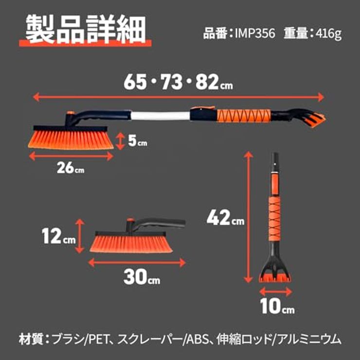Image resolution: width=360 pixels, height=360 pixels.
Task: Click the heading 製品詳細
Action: (86, 29)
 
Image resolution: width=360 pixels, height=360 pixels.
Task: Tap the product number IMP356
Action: (255, 34)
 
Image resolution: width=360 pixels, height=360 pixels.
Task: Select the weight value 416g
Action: (328, 34)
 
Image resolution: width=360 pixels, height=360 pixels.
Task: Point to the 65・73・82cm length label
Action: (178, 82)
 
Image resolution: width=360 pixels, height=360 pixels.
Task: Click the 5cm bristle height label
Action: (137, 141)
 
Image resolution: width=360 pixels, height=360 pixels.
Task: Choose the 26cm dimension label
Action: (71, 168)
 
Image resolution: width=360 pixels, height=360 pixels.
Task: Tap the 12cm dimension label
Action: (58, 236)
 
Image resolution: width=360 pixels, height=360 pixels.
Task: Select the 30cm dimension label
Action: (142, 277)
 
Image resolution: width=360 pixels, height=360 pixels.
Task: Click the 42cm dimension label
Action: (225, 217)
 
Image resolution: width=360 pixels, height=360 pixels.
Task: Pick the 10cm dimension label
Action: (277, 306)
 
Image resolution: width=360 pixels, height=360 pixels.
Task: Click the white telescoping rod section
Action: (161, 116)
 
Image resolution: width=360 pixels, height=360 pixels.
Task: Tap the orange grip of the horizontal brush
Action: (244, 116)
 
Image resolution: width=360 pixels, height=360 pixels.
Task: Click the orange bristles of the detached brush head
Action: (131, 244)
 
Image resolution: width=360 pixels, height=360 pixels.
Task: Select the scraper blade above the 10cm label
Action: (275, 278)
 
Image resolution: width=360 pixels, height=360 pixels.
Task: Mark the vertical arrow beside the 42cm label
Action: (248, 217)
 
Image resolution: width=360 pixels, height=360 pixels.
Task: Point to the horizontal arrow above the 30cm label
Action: (137, 262)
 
